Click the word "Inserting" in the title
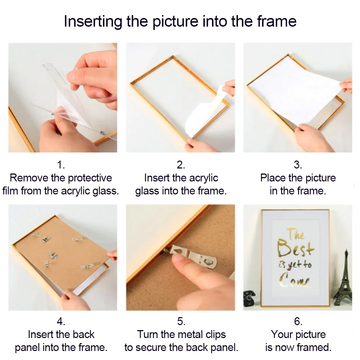click(x=93, y=22)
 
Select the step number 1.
click(x=61, y=165)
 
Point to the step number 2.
click(x=181, y=165)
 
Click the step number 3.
click(x=298, y=165)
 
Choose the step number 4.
click(x=61, y=321)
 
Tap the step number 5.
click(x=181, y=321)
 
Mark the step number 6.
click(x=298, y=321)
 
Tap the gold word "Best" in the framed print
click(x=295, y=248)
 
